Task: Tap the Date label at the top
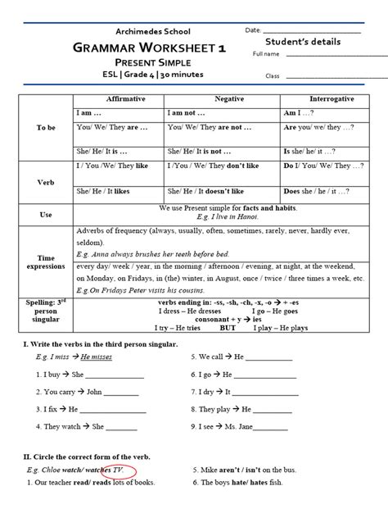pyautogui.click(x=253, y=30)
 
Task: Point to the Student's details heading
pyautogui.click(x=303, y=41)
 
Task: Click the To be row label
pyautogui.click(x=47, y=129)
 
